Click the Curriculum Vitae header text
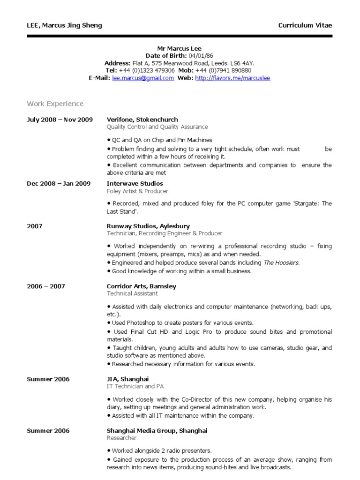click(x=305, y=25)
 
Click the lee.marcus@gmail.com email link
click(x=143, y=78)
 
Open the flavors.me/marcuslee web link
click(x=232, y=78)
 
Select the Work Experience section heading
click(x=55, y=104)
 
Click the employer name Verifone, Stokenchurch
click(x=142, y=120)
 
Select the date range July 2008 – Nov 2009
click(x=60, y=120)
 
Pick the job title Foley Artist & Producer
click(x=137, y=191)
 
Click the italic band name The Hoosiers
click(x=281, y=263)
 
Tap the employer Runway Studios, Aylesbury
click(x=148, y=226)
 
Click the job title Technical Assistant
click(x=132, y=293)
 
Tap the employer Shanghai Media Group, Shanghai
click(x=157, y=430)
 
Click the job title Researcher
click(x=121, y=438)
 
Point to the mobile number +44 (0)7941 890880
click(x=227, y=71)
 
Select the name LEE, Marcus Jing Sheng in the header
click(x=64, y=25)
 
